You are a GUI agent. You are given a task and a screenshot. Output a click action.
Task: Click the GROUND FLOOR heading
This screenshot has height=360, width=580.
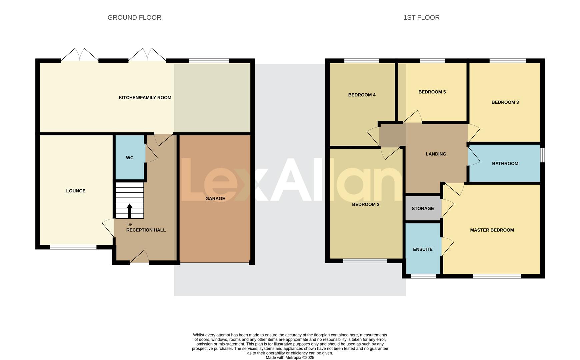[134, 18]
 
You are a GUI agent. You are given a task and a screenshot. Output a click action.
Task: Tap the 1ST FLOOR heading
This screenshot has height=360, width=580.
[421, 18]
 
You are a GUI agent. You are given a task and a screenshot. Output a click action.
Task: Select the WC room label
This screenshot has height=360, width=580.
[130, 158]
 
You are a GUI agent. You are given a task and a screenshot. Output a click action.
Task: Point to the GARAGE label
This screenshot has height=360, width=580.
[215, 199]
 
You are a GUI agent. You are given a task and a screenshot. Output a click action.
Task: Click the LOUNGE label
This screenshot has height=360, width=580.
[76, 191]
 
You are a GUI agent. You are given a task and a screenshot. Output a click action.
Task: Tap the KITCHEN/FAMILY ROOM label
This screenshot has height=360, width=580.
[145, 98]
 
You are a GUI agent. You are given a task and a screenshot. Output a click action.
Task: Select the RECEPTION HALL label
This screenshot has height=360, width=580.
[146, 230]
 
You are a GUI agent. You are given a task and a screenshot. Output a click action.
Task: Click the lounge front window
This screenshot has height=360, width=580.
[73, 247]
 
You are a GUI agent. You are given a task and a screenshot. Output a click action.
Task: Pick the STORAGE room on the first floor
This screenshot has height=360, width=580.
[423, 209]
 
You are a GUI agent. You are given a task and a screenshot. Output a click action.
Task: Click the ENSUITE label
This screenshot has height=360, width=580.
[423, 249]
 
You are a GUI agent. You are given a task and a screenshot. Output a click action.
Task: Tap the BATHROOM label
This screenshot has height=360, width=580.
[505, 164]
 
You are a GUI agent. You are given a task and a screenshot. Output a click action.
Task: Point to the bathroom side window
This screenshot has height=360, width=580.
[542, 155]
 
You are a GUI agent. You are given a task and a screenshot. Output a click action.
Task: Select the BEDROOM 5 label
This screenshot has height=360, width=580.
[432, 92]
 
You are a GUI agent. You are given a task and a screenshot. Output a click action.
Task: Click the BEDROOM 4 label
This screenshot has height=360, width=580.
[362, 95]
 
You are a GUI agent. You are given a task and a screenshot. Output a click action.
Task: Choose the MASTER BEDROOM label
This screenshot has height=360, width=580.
[492, 230]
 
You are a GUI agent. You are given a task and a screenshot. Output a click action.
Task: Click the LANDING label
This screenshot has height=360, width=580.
[436, 154]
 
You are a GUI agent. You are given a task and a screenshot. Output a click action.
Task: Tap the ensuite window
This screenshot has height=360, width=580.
[423, 276]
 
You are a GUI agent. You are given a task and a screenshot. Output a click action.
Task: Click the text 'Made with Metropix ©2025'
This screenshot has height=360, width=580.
[290, 357]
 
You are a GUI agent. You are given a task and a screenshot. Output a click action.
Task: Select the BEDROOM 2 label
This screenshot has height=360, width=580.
[366, 204]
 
